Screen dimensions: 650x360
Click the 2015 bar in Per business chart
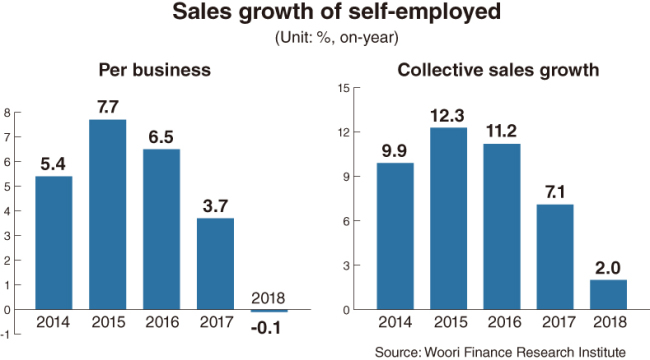(x=108, y=214)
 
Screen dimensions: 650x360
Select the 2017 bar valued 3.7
(x=215, y=264)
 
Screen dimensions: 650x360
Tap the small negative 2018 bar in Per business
(x=269, y=311)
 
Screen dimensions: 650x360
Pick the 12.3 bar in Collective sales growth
(x=449, y=219)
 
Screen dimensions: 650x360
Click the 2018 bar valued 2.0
(x=609, y=294)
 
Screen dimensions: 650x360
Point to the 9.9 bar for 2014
(x=395, y=236)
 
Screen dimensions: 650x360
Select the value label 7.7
(x=108, y=107)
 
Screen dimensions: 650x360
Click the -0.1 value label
(x=266, y=328)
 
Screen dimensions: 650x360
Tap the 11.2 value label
(x=502, y=131)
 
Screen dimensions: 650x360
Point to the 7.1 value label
(x=555, y=192)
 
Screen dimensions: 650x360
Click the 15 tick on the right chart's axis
(x=344, y=88)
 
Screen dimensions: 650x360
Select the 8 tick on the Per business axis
(x=7, y=112)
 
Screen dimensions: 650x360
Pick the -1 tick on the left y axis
(x=6, y=334)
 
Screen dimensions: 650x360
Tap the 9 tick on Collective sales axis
(x=347, y=177)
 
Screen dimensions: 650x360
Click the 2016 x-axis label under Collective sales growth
(x=504, y=322)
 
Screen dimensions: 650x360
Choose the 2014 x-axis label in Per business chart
(x=53, y=322)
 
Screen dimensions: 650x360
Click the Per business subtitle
(x=155, y=70)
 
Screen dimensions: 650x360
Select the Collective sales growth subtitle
(x=498, y=70)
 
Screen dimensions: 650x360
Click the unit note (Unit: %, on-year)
(x=337, y=38)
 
